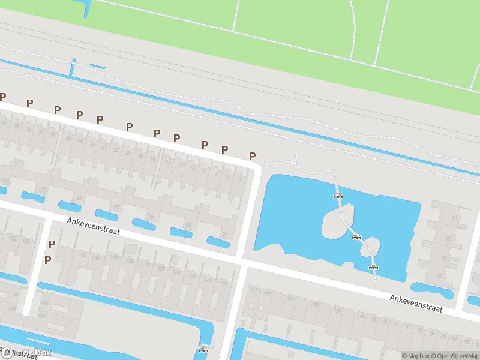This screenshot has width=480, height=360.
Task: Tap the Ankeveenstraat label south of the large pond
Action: pos(416,303)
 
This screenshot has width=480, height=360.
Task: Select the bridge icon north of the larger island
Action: pos(338,195)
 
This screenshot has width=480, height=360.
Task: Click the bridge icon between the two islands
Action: pos(356,236)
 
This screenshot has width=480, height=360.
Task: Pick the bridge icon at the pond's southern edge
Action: pos(374,267)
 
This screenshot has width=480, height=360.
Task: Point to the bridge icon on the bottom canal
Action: pos(203,350)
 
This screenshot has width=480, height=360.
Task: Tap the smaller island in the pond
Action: pos(370,246)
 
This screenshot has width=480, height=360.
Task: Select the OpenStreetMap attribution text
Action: pos(455,356)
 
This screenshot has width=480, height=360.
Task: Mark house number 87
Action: pos(440,277)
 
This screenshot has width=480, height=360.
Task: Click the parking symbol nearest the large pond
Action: pos(253,155)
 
